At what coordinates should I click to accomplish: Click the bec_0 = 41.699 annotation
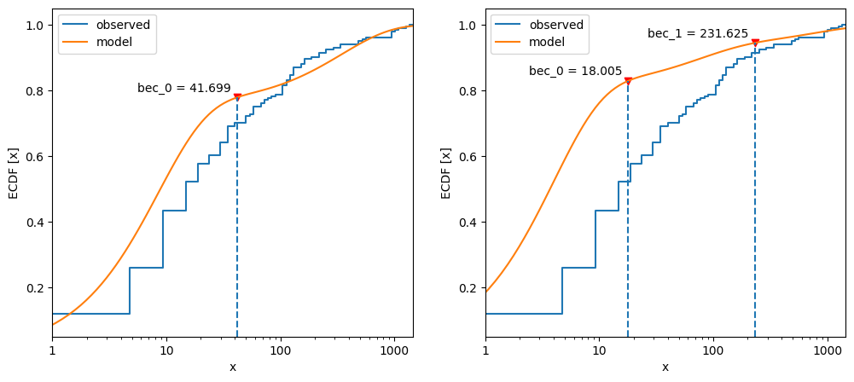pyautogui.click(x=184, y=88)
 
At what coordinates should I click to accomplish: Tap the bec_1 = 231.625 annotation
pyautogui.click(x=697, y=34)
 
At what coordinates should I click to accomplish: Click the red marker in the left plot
pyautogui.click(x=237, y=96)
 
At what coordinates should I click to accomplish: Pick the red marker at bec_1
pyautogui.click(x=755, y=42)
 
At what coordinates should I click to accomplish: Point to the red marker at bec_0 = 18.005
pyautogui.click(x=628, y=81)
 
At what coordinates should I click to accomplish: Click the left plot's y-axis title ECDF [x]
pyautogui.click(x=14, y=173)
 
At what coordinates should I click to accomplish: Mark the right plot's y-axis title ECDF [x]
pyautogui.click(x=446, y=173)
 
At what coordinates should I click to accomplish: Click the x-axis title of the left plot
pyautogui.click(x=232, y=368)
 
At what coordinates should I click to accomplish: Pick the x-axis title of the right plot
pyautogui.click(x=665, y=368)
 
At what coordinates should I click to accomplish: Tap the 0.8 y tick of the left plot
pyautogui.click(x=34, y=91)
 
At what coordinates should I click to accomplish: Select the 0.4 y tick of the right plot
pyautogui.click(x=467, y=223)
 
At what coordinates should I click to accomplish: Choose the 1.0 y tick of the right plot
pyautogui.click(x=467, y=26)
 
